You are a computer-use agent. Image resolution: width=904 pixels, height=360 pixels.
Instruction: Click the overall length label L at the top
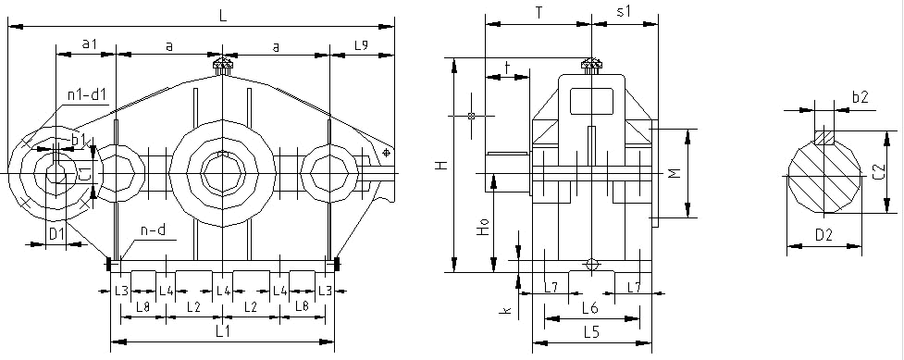click(x=224, y=15)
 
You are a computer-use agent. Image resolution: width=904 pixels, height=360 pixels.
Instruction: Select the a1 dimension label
click(x=89, y=43)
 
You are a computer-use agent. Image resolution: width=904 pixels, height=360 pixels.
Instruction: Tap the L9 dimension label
click(x=362, y=44)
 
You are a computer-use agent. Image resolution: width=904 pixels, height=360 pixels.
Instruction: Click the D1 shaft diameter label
click(x=56, y=234)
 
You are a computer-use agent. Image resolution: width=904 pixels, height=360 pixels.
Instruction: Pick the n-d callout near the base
click(x=154, y=230)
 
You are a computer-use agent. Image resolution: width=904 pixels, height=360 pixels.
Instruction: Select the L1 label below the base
click(x=223, y=331)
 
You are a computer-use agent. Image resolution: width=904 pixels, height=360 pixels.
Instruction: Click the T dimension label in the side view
click(x=539, y=13)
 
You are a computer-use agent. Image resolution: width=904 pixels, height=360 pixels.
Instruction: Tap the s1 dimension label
click(x=625, y=11)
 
